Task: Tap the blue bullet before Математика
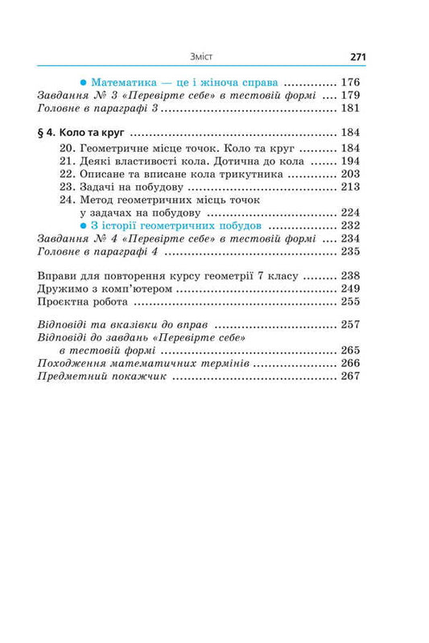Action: tap(84, 82)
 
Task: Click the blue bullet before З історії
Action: tap(84, 225)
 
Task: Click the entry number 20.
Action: tap(67, 148)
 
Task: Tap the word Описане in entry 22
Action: tap(102, 174)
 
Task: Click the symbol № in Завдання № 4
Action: tap(96, 238)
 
